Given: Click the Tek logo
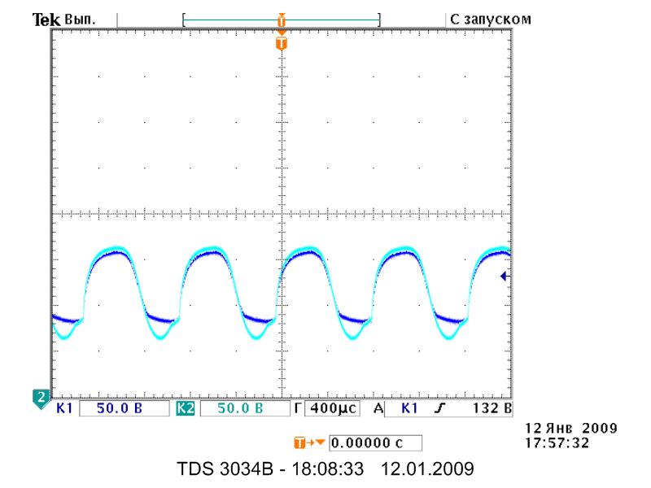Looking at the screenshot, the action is pos(46,20).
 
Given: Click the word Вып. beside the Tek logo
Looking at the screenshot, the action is pos(80,20).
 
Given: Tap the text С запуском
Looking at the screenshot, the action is pos(491,20).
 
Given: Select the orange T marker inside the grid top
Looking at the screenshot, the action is pos(282,43).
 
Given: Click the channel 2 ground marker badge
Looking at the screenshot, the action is pos(41,399).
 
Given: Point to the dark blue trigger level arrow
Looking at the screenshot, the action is pos(505,276).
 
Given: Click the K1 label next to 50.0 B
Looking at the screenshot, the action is pos(64,408).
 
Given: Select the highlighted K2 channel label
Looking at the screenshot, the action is pos(186,408).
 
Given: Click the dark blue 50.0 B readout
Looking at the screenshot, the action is pos(120,408).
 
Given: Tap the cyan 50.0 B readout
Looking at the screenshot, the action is pos(240,408).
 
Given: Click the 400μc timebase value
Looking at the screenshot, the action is pos(333,408).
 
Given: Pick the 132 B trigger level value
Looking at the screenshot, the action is pos(492,408).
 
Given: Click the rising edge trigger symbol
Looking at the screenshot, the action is pos(439,408).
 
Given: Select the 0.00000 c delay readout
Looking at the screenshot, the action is pos(367,443).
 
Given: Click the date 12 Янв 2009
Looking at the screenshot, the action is pos(571,429).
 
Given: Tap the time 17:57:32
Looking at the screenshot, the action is pos(557,443).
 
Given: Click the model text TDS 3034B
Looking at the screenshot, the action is pos(225,469).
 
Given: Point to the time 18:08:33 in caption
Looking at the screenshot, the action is pos(328,469).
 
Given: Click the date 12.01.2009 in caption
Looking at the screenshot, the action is pos(427,469).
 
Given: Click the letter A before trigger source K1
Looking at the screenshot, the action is pos(378,408).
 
